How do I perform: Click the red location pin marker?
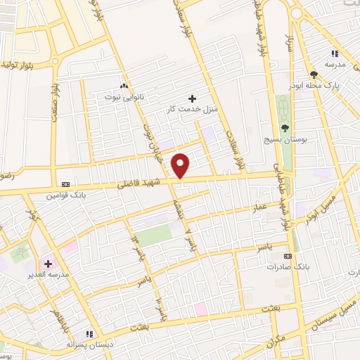[x=181, y=165]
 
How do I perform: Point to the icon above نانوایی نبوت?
[x=124, y=84]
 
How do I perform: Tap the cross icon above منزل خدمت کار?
[x=192, y=98]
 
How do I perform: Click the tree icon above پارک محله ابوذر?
[x=314, y=74]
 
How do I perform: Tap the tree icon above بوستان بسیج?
[x=285, y=129]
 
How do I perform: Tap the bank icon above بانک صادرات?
[x=287, y=257]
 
